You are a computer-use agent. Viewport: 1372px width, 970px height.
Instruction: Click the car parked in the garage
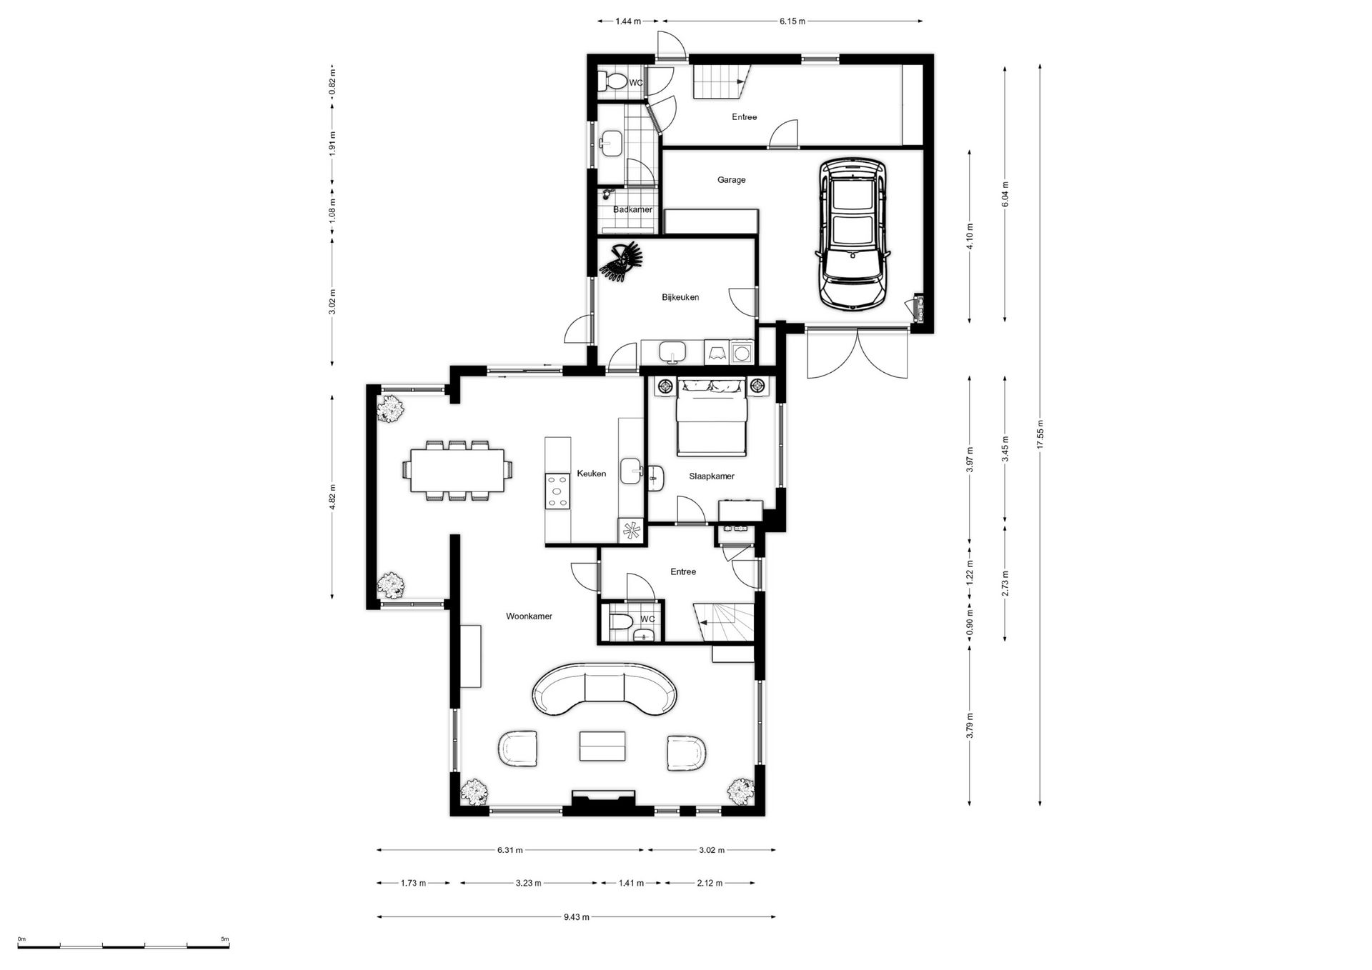853,234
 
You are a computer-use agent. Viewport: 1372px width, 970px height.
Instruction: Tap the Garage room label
731,180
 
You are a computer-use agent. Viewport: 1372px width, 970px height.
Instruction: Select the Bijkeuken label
680,297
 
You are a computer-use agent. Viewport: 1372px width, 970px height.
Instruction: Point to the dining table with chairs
457,470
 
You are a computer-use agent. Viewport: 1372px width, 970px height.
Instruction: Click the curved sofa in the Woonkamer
604,689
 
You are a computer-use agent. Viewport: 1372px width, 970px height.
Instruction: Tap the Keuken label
591,474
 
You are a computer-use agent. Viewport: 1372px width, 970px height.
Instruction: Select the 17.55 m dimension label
1040,434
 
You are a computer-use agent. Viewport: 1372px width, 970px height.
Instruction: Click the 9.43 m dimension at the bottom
576,917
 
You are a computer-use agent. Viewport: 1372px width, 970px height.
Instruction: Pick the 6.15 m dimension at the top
792,21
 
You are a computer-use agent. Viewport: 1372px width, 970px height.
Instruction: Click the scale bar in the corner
123,946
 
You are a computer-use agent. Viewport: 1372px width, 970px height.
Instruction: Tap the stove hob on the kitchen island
557,492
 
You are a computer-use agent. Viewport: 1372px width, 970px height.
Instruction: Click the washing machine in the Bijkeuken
742,351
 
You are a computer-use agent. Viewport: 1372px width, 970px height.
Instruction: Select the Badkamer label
632,210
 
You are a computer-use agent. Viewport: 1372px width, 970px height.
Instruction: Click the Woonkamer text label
529,616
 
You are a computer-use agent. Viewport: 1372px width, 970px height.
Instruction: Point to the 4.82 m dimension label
332,497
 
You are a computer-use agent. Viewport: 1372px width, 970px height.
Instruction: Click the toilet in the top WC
614,82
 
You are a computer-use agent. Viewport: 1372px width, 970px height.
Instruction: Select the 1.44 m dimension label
628,21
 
